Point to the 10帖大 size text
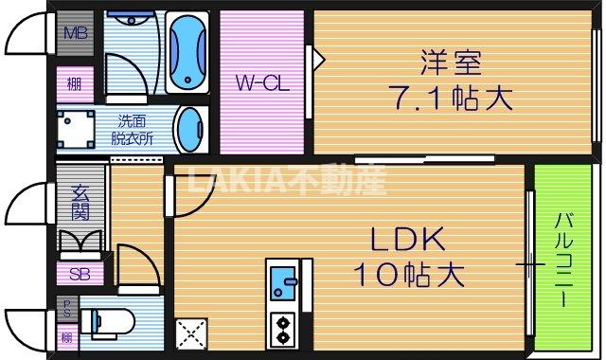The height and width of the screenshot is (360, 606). tap(408, 275)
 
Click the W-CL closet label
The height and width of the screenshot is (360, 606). tap(261, 82)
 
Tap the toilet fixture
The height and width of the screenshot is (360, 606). tap(110, 322)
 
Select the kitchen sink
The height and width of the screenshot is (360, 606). tap(282, 281)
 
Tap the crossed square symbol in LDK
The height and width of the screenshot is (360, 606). tap(189, 332)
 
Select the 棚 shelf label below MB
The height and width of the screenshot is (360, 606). tap(73, 83)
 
